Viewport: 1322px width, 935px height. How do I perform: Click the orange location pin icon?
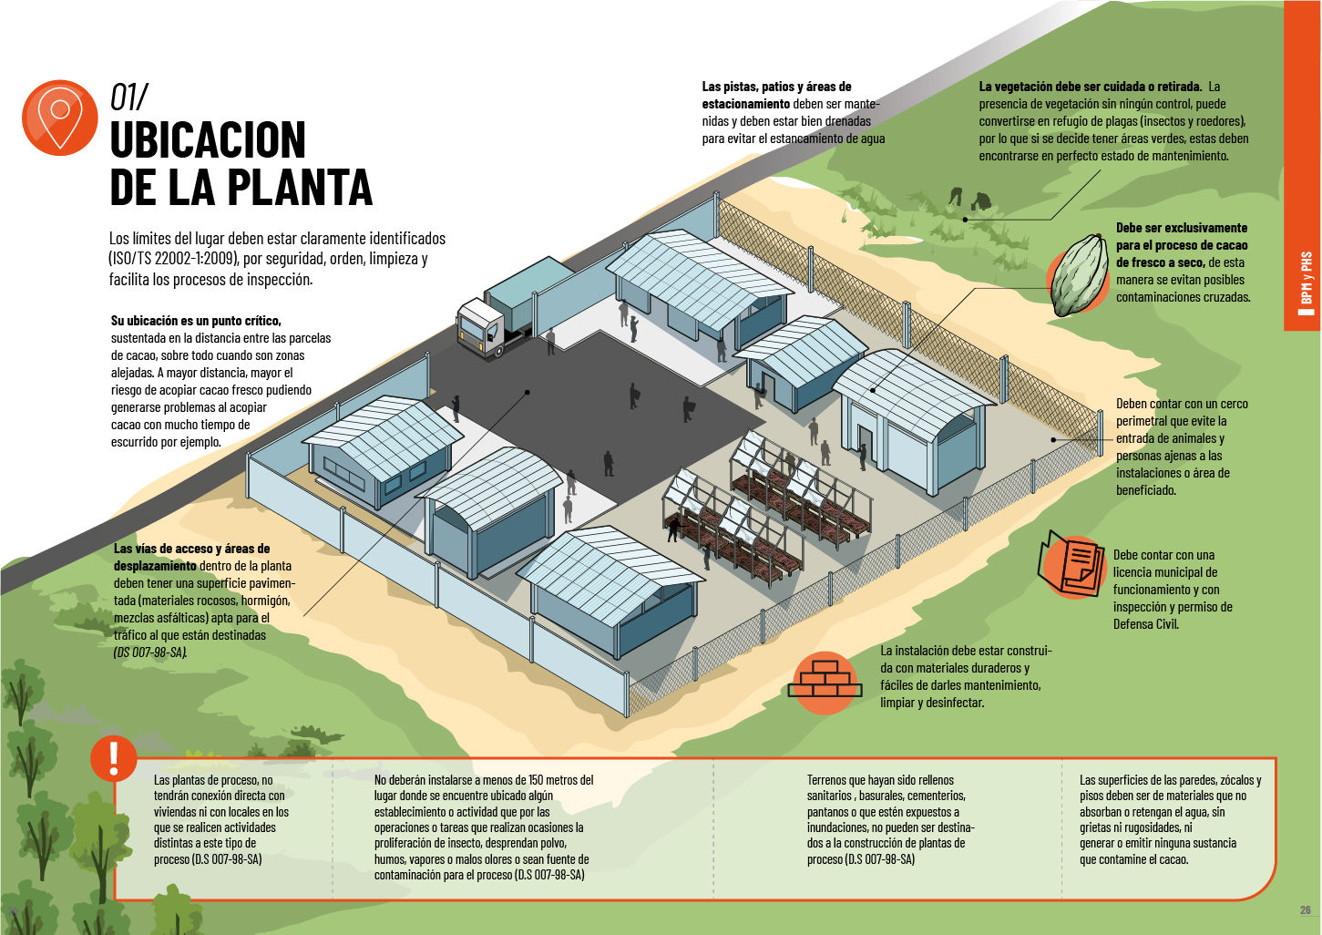[x=59, y=118]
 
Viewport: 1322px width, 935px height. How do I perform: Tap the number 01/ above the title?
[x=128, y=98]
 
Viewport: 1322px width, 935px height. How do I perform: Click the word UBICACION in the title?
[x=208, y=140]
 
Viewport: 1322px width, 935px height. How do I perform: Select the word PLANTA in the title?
[x=300, y=187]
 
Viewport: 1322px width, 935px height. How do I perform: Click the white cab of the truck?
[x=479, y=327]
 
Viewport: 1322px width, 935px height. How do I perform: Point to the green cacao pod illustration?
[x=1079, y=275]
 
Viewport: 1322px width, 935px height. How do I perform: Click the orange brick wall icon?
[x=825, y=682]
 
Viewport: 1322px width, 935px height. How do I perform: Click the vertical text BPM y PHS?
[x=1307, y=277]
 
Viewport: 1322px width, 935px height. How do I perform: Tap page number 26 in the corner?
[x=1305, y=909]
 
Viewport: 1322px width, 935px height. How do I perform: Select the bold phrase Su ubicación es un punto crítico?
[x=196, y=321]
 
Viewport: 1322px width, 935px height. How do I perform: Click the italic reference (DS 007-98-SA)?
[x=150, y=652]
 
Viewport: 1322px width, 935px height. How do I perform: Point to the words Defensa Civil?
[x=1145, y=624]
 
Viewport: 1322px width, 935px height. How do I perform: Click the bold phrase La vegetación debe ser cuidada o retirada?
[x=1090, y=87]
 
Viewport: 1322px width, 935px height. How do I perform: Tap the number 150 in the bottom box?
[x=536, y=780]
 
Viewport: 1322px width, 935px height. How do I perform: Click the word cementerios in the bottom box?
[x=935, y=796]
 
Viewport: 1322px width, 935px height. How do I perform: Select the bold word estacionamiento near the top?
[x=745, y=104]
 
